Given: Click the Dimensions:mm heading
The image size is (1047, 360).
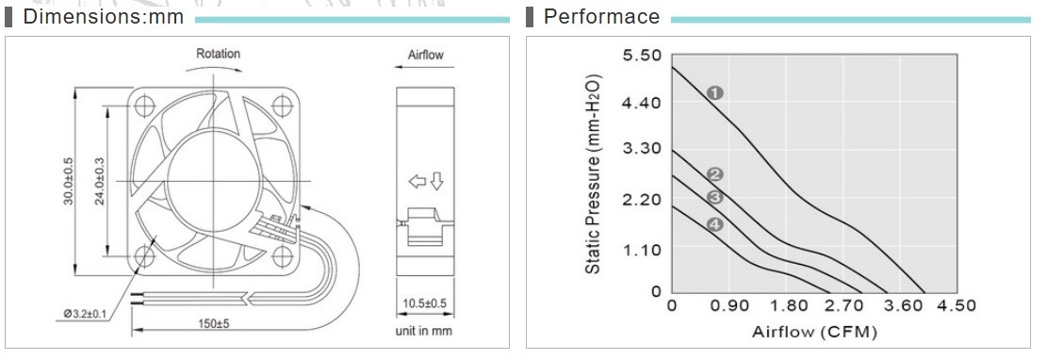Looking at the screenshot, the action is tap(103, 17).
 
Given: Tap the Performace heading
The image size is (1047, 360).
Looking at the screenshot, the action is tap(601, 17).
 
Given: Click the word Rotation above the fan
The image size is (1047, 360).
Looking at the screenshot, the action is tap(218, 54).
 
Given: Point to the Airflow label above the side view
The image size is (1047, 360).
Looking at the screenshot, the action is tap(425, 55).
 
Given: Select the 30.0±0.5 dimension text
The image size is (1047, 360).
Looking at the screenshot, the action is tap(69, 180).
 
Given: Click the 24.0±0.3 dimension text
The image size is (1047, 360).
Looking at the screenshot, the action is tap(100, 180).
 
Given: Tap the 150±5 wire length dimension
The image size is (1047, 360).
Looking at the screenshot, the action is tap(213, 324).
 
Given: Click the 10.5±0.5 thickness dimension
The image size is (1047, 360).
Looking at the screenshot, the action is tap(425, 304).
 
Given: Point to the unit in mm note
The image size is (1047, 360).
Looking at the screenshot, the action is tap(423, 331).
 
